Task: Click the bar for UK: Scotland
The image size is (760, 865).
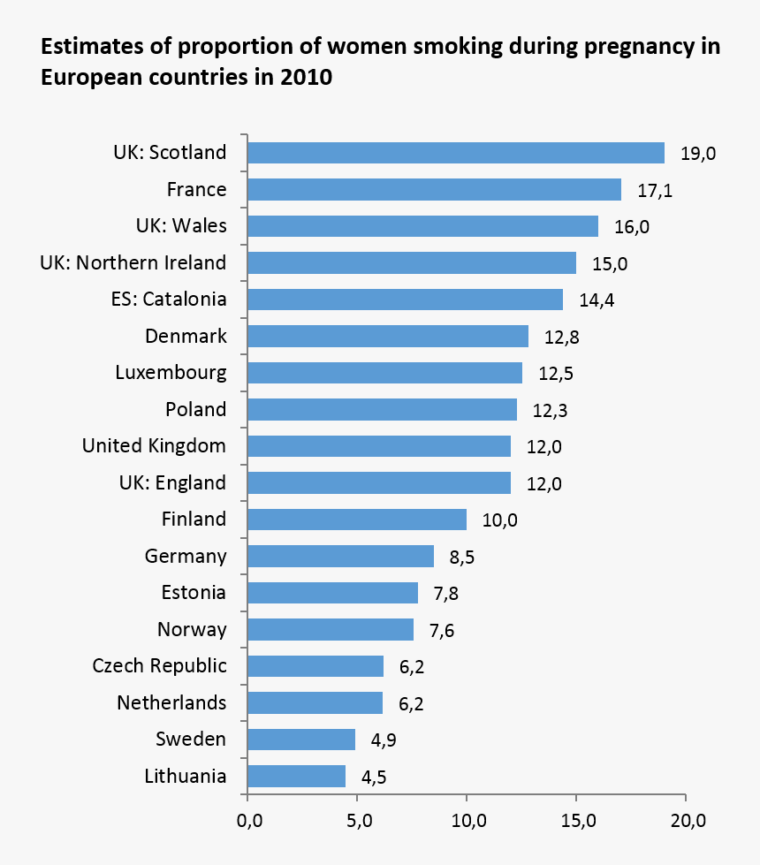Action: click(455, 153)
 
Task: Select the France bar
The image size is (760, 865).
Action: click(434, 190)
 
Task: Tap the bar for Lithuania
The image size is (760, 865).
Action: click(296, 777)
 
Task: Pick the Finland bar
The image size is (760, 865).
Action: click(357, 520)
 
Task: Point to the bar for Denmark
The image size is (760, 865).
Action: click(388, 337)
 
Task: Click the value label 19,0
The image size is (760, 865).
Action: click(698, 154)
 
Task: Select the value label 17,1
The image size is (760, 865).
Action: click(655, 191)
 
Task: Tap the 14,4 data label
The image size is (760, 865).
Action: click(597, 300)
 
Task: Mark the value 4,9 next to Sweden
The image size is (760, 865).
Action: click(384, 740)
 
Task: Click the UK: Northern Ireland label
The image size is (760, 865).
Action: click(133, 262)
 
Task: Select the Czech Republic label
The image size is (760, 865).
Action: click(159, 665)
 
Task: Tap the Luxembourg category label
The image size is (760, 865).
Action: click(171, 372)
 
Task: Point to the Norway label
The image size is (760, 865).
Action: click(192, 629)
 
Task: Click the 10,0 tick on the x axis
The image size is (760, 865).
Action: click(467, 823)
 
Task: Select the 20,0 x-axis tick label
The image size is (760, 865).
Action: click(687, 823)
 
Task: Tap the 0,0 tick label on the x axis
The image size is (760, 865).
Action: click(248, 823)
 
